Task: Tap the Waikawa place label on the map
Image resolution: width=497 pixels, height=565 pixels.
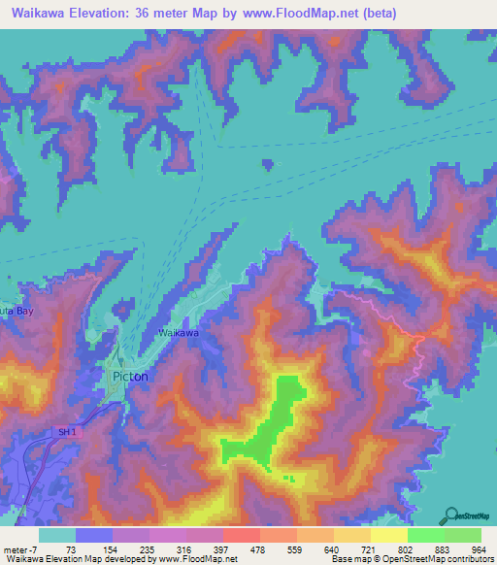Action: [x=179, y=333]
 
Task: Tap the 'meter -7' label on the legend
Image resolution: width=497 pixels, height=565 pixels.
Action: [x=19, y=550]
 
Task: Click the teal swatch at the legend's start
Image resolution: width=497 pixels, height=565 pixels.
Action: [x=57, y=536]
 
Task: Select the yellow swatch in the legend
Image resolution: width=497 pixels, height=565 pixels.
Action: [x=388, y=536]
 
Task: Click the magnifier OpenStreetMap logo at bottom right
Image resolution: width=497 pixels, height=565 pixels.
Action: [x=450, y=515]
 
